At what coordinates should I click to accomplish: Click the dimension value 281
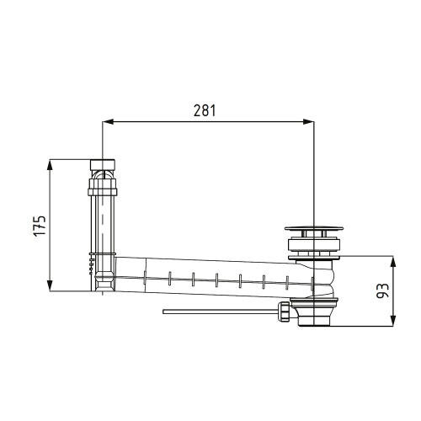(x=205, y=110)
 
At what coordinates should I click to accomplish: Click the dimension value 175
(x=40, y=226)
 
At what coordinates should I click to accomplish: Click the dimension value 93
(x=382, y=290)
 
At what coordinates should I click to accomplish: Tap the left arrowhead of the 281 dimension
(x=108, y=122)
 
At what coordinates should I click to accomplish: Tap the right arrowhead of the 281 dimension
(x=309, y=122)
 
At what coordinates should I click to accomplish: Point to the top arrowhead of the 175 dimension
(x=50, y=165)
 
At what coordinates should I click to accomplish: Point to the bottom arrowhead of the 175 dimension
(x=50, y=286)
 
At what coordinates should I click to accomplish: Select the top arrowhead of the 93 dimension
(x=393, y=261)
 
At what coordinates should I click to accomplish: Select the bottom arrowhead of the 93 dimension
(x=393, y=321)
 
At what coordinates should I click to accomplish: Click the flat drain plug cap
(x=314, y=228)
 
